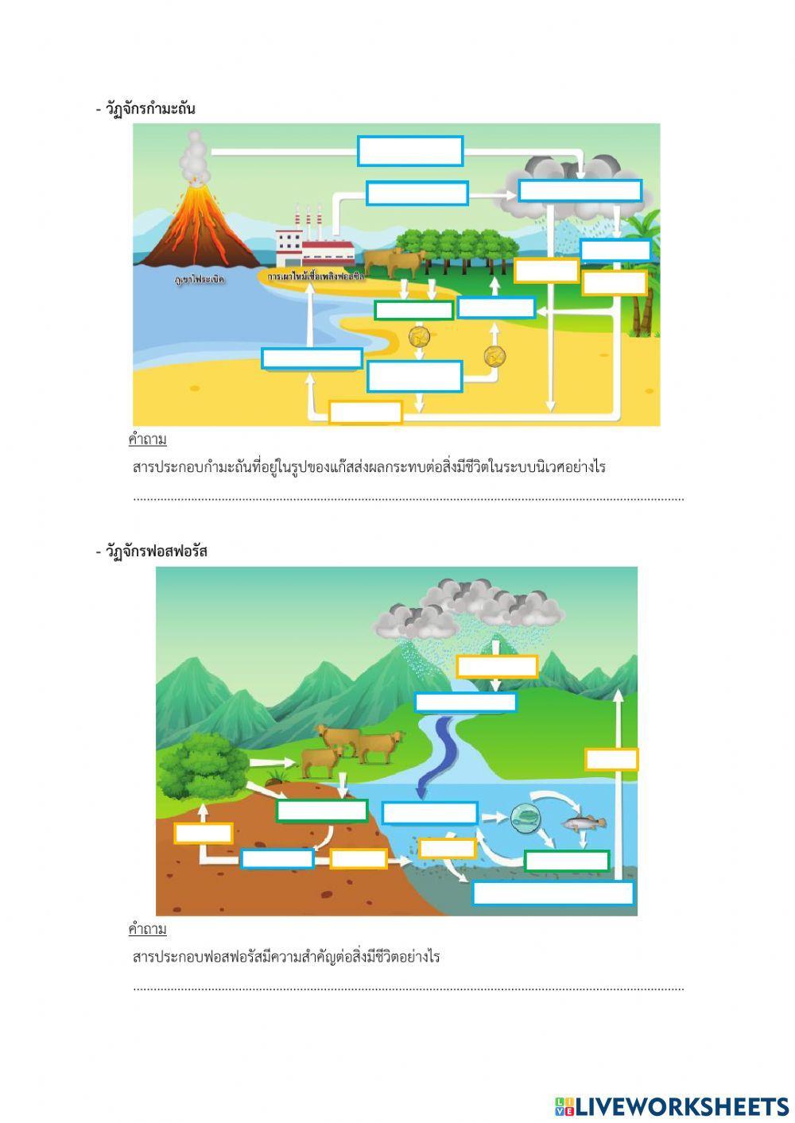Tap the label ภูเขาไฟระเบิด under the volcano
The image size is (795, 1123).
click(200, 281)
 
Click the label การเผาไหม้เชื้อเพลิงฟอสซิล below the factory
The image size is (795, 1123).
click(316, 277)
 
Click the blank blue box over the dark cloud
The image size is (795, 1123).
click(580, 191)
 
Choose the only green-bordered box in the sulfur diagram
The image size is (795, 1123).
click(413, 310)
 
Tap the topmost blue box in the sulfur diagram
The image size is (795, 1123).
click(410, 151)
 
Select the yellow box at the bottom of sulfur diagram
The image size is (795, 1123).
click(366, 412)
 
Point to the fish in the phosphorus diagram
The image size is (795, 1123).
click(584, 823)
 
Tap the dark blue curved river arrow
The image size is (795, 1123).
click(436, 755)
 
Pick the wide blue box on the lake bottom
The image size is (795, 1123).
click(553, 893)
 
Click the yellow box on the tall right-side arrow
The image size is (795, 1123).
click(611, 759)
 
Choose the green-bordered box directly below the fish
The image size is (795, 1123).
click(567, 861)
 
